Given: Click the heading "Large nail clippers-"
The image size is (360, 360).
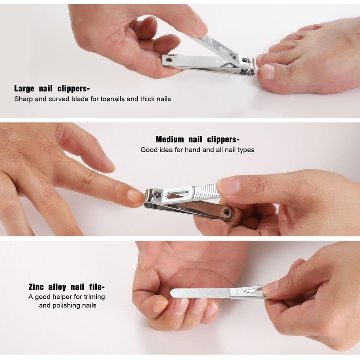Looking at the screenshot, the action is tap(52, 88).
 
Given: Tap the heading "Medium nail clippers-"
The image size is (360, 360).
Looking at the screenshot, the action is tap(198, 139).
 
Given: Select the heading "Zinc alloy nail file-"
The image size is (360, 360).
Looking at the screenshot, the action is tap(67, 287).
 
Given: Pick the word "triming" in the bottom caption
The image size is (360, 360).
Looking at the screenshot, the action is tap(94, 297).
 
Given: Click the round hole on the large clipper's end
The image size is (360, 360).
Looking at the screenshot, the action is tap(169, 60).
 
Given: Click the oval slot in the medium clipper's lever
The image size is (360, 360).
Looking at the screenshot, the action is tap(177, 195).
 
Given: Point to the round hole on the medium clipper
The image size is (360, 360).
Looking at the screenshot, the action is tap(227, 212).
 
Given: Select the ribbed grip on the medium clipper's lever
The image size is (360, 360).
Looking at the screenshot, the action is tap(206, 191).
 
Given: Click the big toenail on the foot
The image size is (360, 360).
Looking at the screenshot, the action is tap(267, 72).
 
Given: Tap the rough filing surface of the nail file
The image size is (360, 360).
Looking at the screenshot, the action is tap(200, 293).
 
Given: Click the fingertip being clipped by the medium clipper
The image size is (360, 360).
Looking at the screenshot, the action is tap(135, 197).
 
